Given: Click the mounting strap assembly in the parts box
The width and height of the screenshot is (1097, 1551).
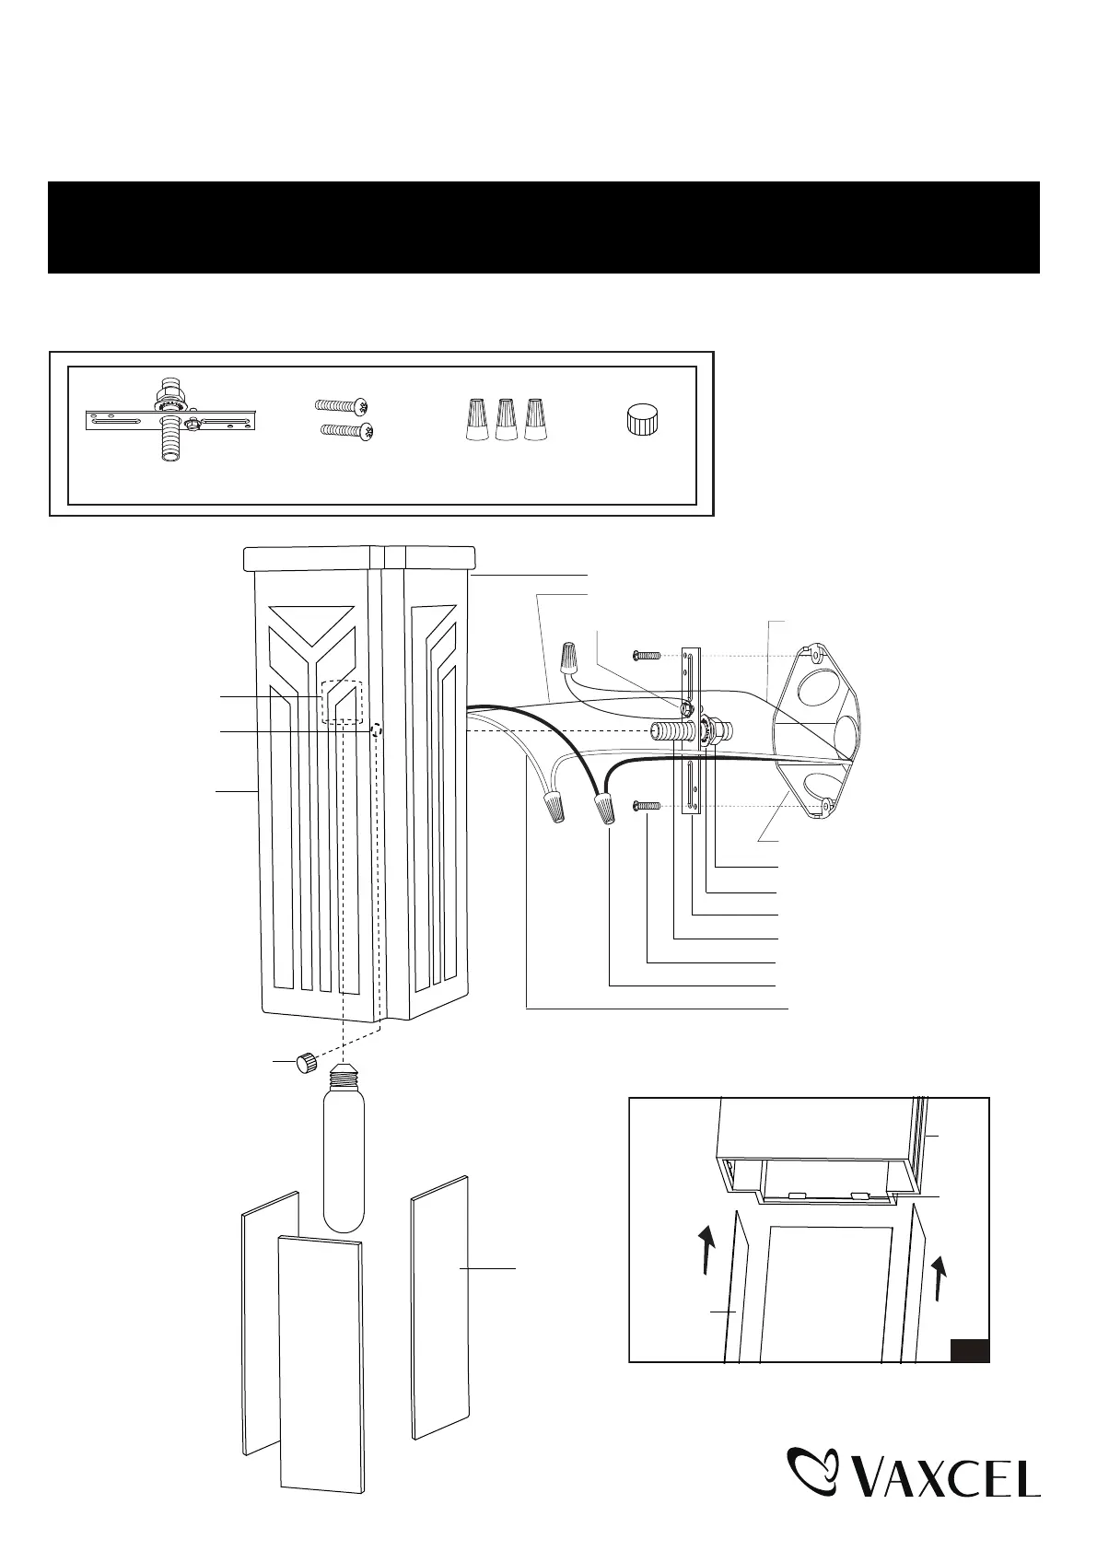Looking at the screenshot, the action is point(170,421).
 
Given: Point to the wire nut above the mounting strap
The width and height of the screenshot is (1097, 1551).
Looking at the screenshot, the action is point(572,659).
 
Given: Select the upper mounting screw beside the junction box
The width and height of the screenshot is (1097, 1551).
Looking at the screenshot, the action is point(648,655).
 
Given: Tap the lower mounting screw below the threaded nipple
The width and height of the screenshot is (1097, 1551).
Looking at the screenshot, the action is point(648,807).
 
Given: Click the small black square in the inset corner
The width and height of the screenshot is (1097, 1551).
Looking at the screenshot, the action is point(969,1350).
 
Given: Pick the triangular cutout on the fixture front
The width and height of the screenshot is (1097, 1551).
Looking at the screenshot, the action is point(314,620).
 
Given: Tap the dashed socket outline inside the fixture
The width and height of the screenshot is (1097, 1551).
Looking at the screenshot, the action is point(342,702).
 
